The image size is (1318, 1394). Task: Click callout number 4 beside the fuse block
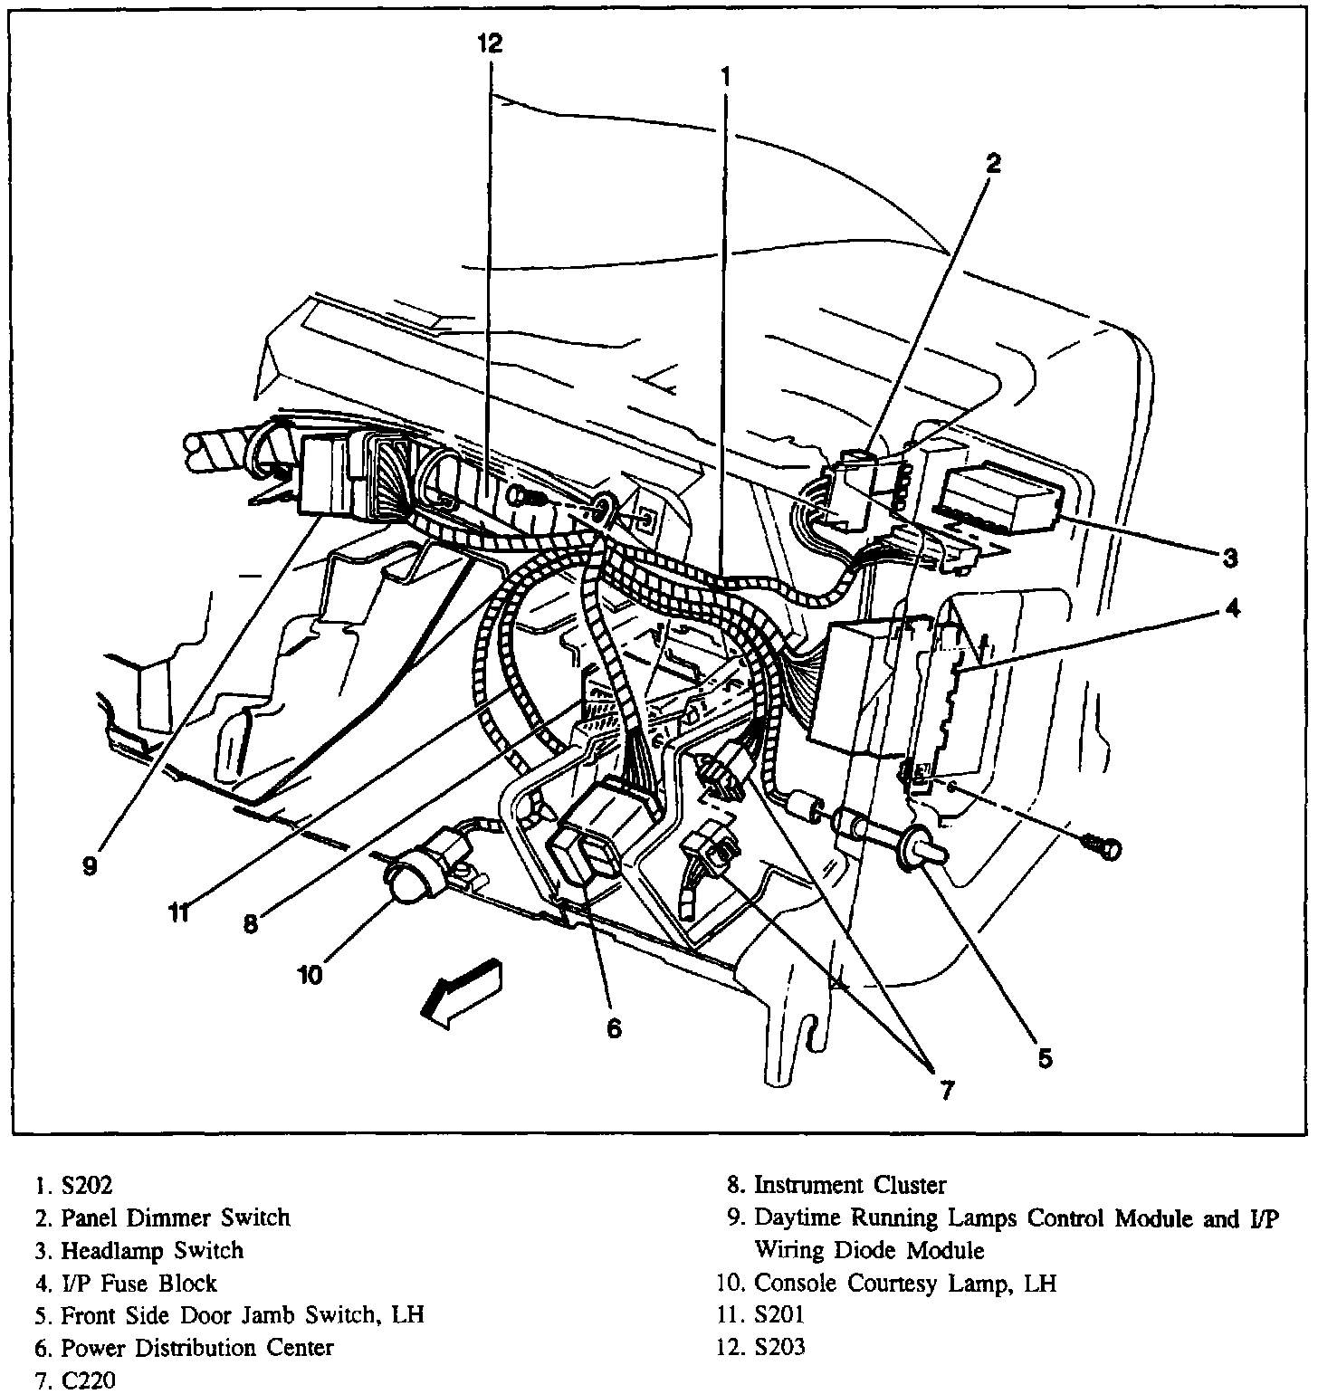point(1231,609)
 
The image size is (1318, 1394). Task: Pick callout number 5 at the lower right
point(1045,1057)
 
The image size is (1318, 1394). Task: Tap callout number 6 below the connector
point(614,1028)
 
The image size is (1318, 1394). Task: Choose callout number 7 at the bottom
point(945,1091)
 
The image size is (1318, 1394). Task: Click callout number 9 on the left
point(89,866)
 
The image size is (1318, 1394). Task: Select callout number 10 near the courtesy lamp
point(310,974)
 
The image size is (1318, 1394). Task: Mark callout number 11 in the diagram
point(181,912)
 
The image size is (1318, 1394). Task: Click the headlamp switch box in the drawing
point(1003,497)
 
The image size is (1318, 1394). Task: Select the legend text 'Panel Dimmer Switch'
point(176,1217)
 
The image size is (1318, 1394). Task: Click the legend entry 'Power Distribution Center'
point(196,1348)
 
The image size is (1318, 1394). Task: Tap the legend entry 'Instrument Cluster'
point(850,1185)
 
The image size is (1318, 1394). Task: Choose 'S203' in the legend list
point(779,1348)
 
